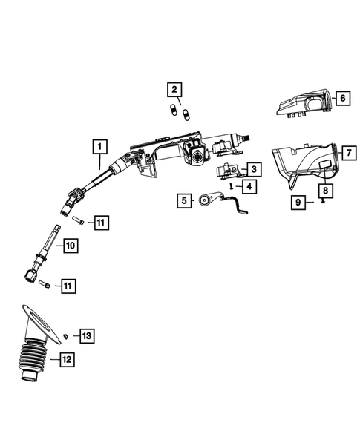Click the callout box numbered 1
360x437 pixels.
[99, 146]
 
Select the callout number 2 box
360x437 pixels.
[174, 91]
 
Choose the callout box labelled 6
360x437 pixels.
[343, 97]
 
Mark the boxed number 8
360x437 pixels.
[327, 190]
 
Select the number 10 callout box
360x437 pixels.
[70, 245]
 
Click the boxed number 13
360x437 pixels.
[87, 336]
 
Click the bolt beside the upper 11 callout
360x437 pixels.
[78, 220]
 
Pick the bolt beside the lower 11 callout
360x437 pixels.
[45, 283]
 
